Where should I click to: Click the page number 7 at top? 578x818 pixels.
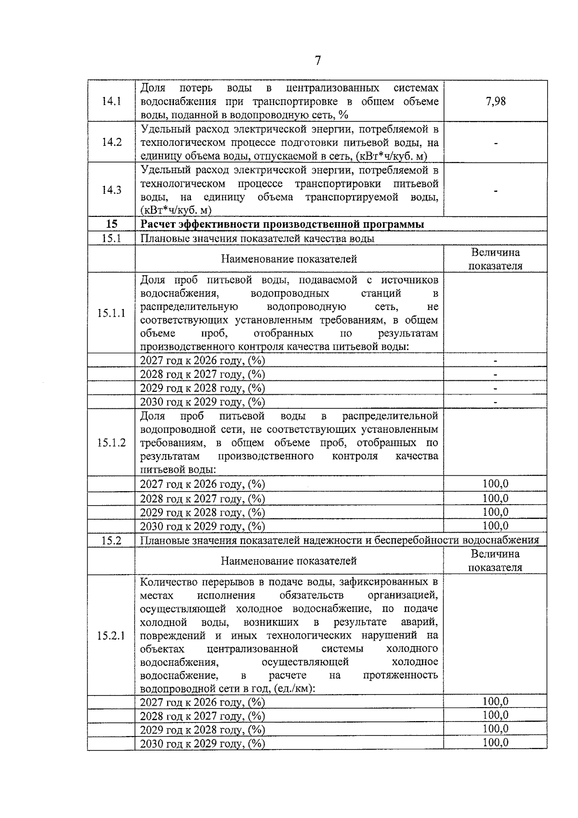click(x=317, y=61)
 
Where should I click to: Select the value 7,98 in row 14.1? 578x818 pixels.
click(x=496, y=101)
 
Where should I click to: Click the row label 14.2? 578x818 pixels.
click(x=111, y=142)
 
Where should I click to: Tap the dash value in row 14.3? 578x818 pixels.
click(x=496, y=190)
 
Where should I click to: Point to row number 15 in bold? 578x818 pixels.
click(x=111, y=224)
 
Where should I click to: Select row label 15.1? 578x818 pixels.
click(x=111, y=238)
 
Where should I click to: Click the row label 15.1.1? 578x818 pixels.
click(x=111, y=313)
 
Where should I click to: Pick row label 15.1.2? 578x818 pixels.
click(x=111, y=443)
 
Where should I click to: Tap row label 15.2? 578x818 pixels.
click(x=111, y=540)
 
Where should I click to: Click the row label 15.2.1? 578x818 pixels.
click(x=111, y=635)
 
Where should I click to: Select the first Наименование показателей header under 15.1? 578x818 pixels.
click(x=289, y=259)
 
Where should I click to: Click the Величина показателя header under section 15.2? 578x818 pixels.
click(x=496, y=561)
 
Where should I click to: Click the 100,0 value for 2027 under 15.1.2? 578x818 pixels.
click(x=496, y=484)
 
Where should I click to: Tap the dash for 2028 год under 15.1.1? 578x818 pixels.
click(x=496, y=375)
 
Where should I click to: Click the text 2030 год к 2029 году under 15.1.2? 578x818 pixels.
click(x=202, y=526)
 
